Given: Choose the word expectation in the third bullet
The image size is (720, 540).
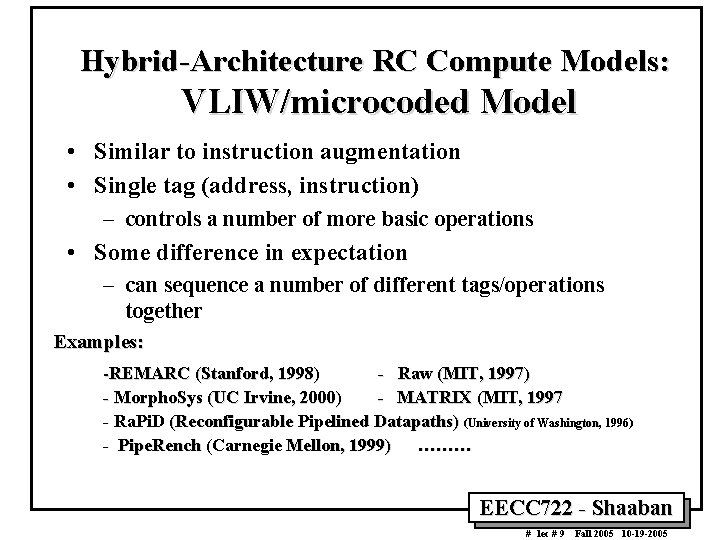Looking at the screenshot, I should tap(345, 253).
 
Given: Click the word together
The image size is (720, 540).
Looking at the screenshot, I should tap(165, 311).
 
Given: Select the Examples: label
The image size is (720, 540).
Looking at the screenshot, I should tap(99, 341).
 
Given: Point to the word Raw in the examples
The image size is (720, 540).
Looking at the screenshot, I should tap(415, 374).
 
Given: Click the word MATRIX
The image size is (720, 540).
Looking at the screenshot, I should tap(436, 398).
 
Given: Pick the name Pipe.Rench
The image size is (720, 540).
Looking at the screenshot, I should tap(159, 446).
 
